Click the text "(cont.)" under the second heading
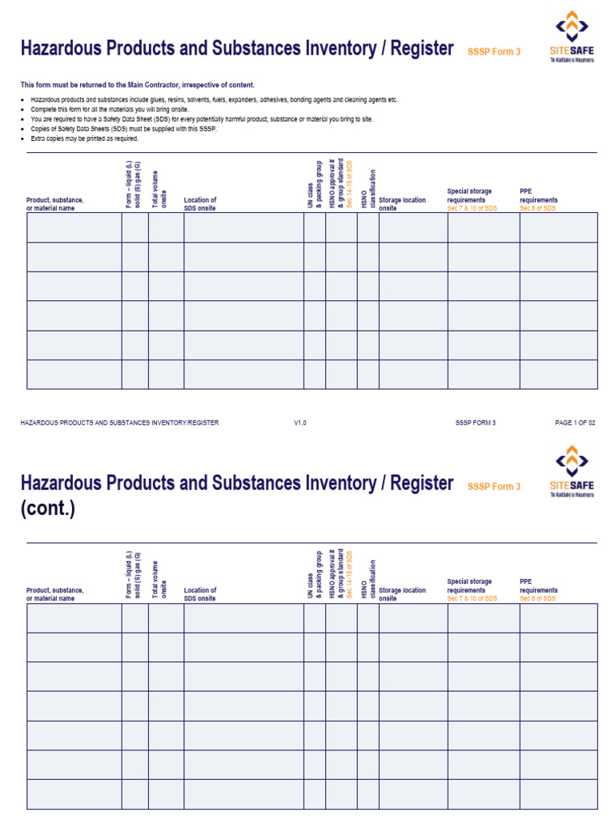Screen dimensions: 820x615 48,508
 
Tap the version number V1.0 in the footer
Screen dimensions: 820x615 300,422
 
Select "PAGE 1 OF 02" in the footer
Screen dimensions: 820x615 575,422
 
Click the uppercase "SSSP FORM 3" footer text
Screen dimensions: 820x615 476,422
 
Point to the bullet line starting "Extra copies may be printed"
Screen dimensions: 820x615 84,139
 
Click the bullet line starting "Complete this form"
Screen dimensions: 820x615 120,109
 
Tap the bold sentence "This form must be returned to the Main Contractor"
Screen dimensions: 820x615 138,85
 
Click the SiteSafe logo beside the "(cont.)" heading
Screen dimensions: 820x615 572,473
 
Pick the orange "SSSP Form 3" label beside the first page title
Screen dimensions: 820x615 494,52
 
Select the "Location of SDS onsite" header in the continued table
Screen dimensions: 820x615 200,594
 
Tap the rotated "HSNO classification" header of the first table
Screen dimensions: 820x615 368,189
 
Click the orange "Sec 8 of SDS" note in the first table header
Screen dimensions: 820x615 538,208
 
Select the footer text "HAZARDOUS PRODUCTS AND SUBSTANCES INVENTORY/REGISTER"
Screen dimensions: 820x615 119,422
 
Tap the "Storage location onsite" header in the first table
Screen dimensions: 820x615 402,204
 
